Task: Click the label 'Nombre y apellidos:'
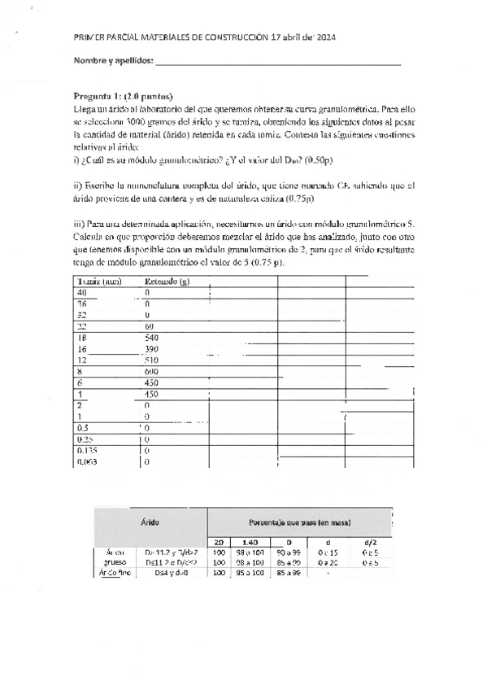113,62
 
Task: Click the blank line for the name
277,63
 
